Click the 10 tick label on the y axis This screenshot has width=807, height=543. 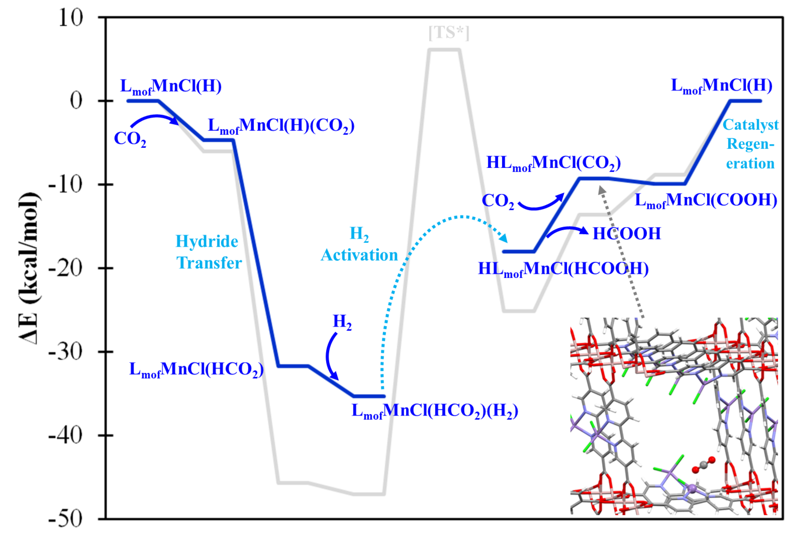click(71, 17)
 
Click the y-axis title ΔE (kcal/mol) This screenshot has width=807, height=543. click(29, 268)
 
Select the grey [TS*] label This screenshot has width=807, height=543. click(449, 33)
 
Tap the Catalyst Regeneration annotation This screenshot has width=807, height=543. click(750, 144)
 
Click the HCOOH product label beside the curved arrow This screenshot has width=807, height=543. click(626, 234)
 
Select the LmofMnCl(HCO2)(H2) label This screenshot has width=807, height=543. click(435, 411)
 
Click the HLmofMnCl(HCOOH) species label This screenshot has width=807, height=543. click(563, 269)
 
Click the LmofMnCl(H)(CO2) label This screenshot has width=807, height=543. click(281, 126)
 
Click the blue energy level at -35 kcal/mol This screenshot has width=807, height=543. click(369, 396)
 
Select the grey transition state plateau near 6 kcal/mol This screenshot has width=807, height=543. click(445, 50)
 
